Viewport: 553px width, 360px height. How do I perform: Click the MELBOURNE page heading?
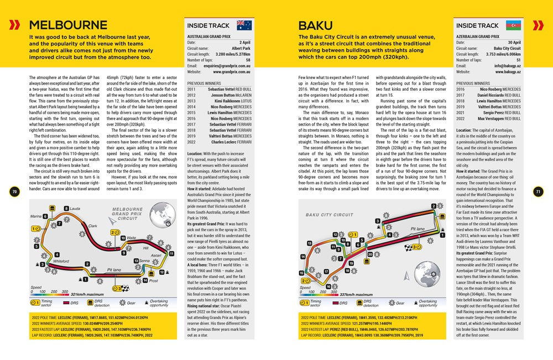click(x=68, y=25)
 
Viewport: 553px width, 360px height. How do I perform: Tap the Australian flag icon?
click(x=244, y=25)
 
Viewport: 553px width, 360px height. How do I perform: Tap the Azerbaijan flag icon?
click(x=514, y=25)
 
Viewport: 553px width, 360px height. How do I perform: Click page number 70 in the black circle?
click(x=15, y=192)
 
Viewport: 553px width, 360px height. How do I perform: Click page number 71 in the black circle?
click(x=538, y=192)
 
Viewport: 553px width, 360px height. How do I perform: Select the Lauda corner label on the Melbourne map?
click(x=76, y=208)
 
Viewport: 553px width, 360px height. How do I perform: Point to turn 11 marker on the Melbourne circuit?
click(x=171, y=253)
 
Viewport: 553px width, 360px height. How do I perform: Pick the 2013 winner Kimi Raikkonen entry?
click(x=220, y=101)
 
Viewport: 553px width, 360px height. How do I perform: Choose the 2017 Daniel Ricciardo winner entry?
click(x=488, y=95)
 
